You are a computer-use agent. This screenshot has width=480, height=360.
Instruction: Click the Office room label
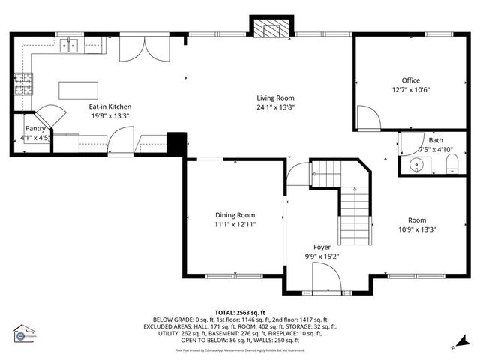(x=410, y=80)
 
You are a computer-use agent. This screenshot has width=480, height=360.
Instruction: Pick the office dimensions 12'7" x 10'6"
(x=410, y=90)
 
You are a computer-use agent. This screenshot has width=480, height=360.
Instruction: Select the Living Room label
(x=275, y=97)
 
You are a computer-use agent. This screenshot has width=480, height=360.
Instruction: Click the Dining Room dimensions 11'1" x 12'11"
(x=235, y=224)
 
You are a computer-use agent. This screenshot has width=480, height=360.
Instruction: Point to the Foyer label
(x=322, y=246)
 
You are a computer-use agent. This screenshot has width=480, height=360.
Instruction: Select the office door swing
(x=367, y=116)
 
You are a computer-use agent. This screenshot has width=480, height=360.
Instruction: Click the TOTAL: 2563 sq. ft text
(x=240, y=312)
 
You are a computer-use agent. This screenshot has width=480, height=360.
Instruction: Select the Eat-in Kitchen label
(x=110, y=106)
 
